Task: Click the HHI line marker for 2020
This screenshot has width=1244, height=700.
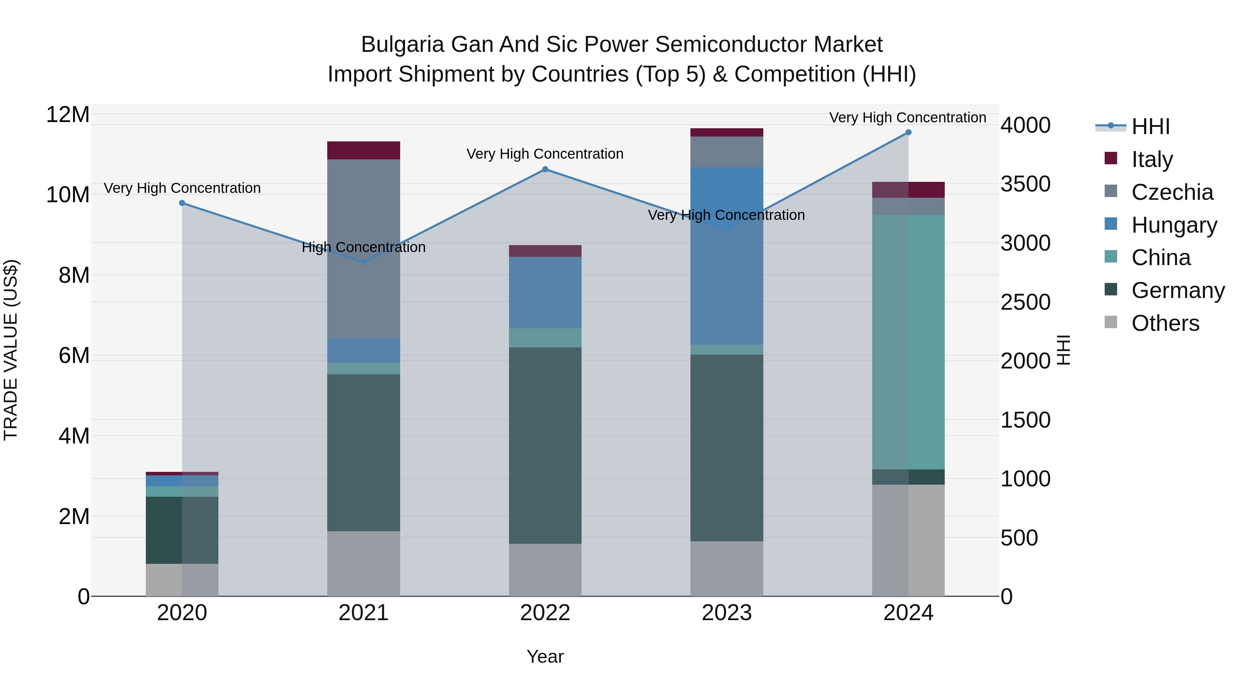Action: [182, 203]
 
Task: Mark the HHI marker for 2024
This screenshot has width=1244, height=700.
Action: [908, 132]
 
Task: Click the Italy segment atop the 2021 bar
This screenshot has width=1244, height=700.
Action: [364, 150]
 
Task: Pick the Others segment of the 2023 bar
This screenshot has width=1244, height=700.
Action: [727, 569]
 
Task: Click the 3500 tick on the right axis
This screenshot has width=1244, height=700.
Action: [1025, 184]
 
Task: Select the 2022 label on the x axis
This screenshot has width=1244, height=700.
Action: [545, 613]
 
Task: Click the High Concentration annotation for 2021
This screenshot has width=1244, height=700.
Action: [364, 248]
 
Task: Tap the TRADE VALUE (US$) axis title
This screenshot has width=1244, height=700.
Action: [11, 350]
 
